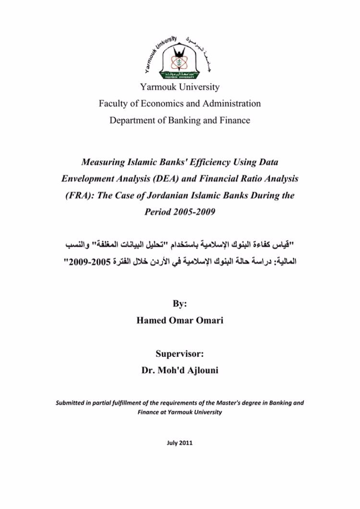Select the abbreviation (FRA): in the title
[x=79, y=195]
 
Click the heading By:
[x=180, y=305]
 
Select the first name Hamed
[x=152, y=321]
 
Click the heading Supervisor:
[x=180, y=355]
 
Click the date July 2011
[x=180, y=443]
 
